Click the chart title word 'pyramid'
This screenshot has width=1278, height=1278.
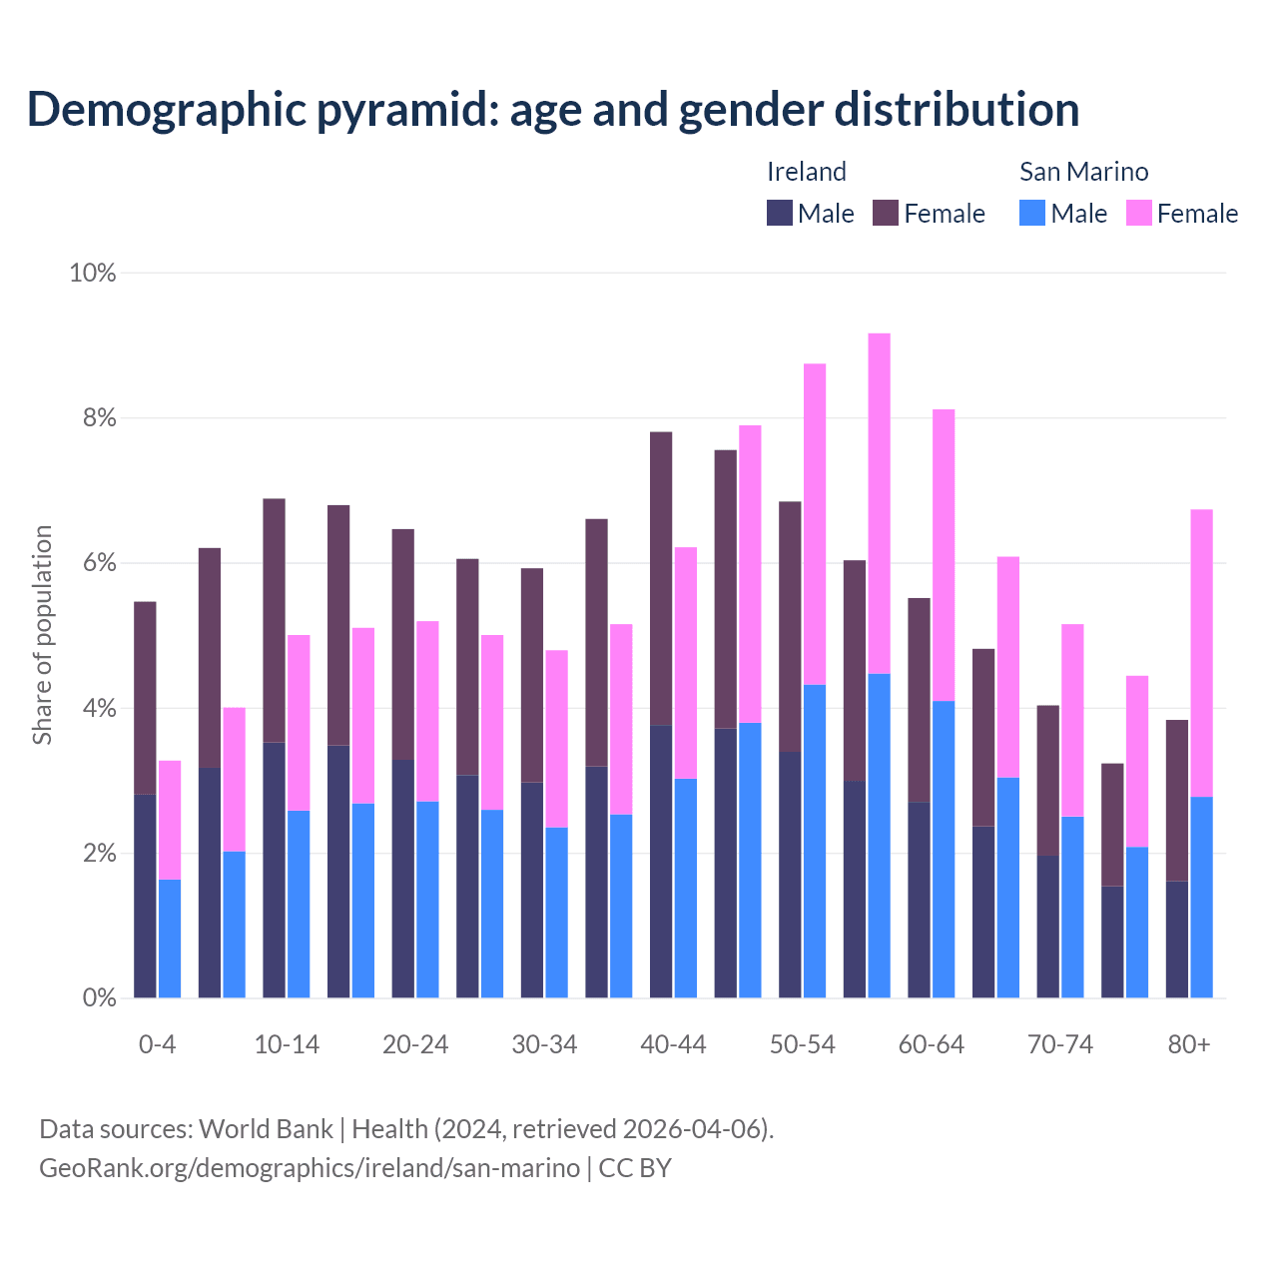pyautogui.click(x=407, y=110)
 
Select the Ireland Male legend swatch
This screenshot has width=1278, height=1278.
pyautogui.click(x=780, y=213)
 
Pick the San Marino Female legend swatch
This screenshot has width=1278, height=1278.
pyautogui.click(x=1139, y=213)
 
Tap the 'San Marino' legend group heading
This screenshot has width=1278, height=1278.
pyautogui.click(x=1083, y=172)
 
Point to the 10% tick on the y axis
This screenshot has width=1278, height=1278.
pyautogui.click(x=92, y=273)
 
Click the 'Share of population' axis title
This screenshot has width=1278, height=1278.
pyautogui.click(x=43, y=635)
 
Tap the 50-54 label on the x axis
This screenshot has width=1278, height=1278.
pyautogui.click(x=802, y=1045)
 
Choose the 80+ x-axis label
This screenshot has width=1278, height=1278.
pyautogui.click(x=1188, y=1045)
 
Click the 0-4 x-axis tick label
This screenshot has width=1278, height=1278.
pyautogui.click(x=157, y=1045)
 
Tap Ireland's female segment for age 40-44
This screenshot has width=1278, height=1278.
pyautogui.click(x=661, y=578)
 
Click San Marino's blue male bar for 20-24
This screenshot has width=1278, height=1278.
pyautogui.click(x=427, y=899)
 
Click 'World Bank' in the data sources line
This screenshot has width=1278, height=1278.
pyautogui.click(x=266, y=1129)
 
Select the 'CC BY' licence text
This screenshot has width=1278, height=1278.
pyautogui.click(x=635, y=1168)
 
